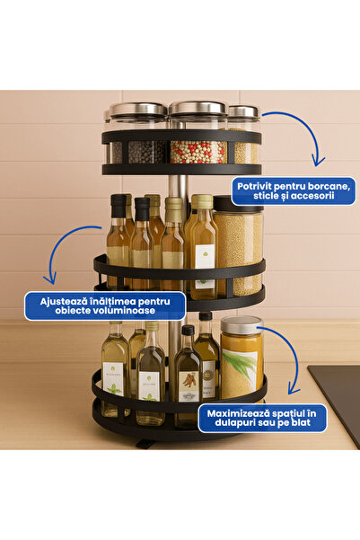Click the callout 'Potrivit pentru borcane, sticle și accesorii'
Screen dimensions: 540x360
click(293, 190)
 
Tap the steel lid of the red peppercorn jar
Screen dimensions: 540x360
click(198, 110)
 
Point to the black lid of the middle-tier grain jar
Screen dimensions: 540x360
click(239, 203)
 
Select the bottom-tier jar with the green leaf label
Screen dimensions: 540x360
click(241, 364)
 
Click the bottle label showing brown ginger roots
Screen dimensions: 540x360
click(189, 381)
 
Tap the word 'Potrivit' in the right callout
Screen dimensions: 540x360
click(256, 184)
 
